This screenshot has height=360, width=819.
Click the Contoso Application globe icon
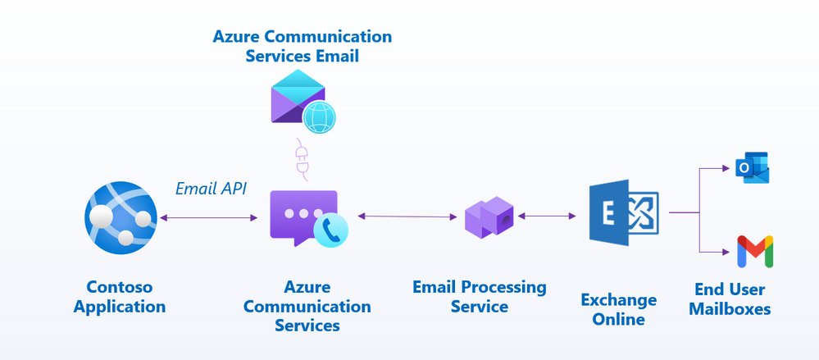coord(120,217)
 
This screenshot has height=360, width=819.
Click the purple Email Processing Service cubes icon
coord(489,217)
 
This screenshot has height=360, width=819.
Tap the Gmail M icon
coord(755,252)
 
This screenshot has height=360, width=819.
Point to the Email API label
coord(211,189)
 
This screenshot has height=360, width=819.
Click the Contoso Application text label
coord(120,297)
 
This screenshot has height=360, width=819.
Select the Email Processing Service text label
coord(479,297)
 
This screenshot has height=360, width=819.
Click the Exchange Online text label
coord(618,310)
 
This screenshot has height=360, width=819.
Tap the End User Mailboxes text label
coord(730,298)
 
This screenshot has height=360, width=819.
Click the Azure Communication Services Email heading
coord(302,47)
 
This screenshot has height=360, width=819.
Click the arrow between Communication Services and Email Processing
coord(407,216)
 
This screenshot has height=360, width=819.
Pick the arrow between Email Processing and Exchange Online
coord(547,216)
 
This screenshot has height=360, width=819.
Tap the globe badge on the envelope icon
coord(319,118)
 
